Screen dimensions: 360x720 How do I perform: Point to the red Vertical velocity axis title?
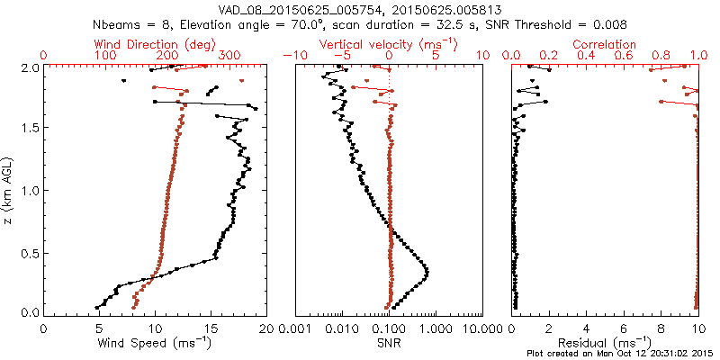point(389,44)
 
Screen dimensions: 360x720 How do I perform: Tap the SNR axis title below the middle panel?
point(389,343)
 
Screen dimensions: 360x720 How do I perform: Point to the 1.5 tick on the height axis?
point(30,129)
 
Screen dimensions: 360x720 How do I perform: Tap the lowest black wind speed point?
point(97,307)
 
